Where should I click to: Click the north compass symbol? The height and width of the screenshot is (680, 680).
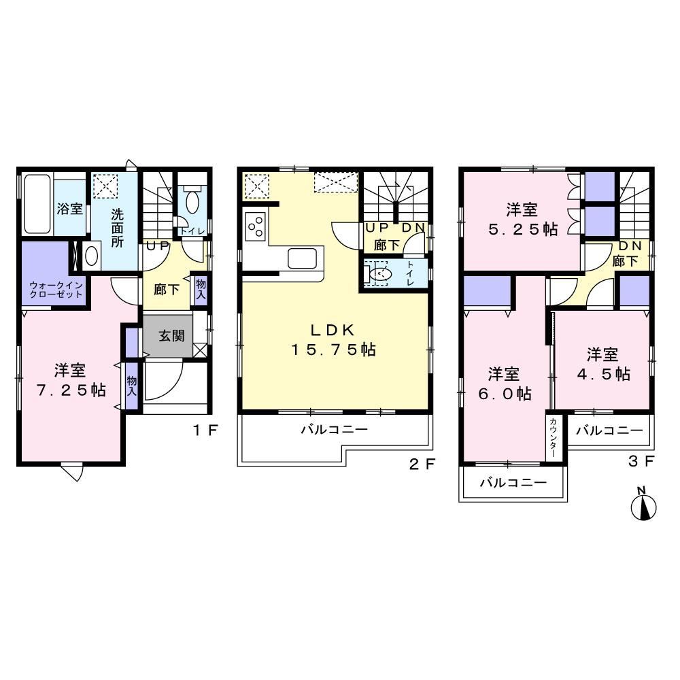click(x=643, y=504)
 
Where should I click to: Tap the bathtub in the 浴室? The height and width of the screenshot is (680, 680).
click(x=37, y=203)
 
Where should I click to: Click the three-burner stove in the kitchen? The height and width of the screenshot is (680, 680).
click(x=256, y=226)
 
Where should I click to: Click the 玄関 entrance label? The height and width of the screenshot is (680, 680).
click(x=171, y=335)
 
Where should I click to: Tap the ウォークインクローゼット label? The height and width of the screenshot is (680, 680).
click(x=56, y=290)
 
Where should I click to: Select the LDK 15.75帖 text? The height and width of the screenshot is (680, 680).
click(x=333, y=339)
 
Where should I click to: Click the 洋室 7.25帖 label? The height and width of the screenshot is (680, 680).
click(x=71, y=380)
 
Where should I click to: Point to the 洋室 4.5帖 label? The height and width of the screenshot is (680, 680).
click(x=603, y=364)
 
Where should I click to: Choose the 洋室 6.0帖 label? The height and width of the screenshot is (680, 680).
click(x=505, y=384)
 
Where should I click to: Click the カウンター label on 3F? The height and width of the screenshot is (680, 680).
click(x=553, y=437)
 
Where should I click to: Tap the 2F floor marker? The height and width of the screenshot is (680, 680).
click(x=422, y=464)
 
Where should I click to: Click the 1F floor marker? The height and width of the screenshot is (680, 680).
click(x=205, y=430)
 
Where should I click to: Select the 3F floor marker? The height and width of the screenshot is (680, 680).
click(x=641, y=461)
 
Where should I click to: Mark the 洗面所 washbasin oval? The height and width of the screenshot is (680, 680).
click(x=92, y=256)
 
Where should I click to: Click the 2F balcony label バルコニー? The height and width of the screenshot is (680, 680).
click(x=335, y=429)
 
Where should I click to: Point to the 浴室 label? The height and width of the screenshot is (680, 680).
click(x=69, y=209)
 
